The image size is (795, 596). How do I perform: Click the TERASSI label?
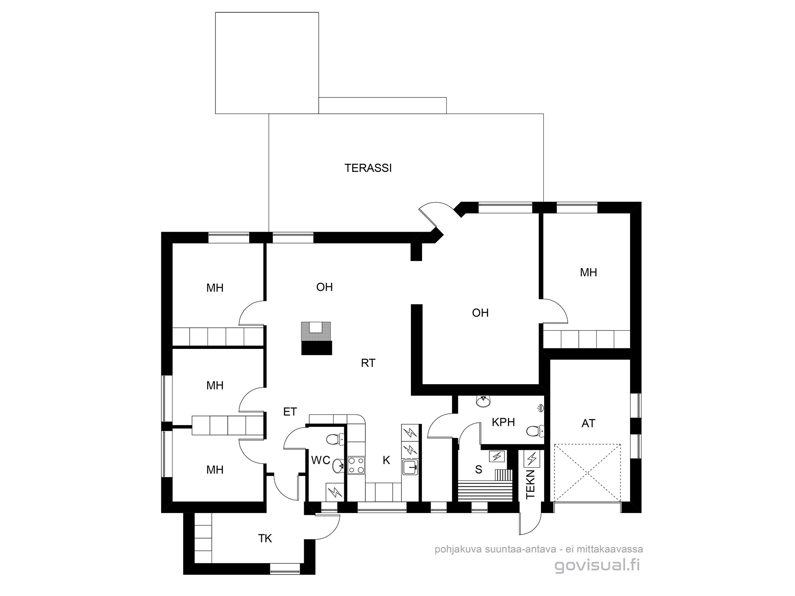(368, 168)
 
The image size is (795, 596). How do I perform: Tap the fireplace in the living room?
(316, 337)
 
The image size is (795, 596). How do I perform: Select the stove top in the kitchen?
(356, 465)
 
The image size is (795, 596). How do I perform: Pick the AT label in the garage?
(588, 424)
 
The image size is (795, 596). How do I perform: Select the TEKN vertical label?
(531, 484)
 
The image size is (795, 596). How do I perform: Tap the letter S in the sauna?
(479, 470)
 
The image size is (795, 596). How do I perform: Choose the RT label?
(368, 363)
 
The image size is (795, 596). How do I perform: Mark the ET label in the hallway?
(290, 412)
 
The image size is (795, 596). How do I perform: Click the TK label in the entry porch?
(265, 538)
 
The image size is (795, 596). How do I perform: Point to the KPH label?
(503, 422)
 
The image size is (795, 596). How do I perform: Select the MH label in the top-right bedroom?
(588, 273)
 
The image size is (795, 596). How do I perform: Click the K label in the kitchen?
(386, 461)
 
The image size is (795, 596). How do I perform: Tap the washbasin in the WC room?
(338, 464)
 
